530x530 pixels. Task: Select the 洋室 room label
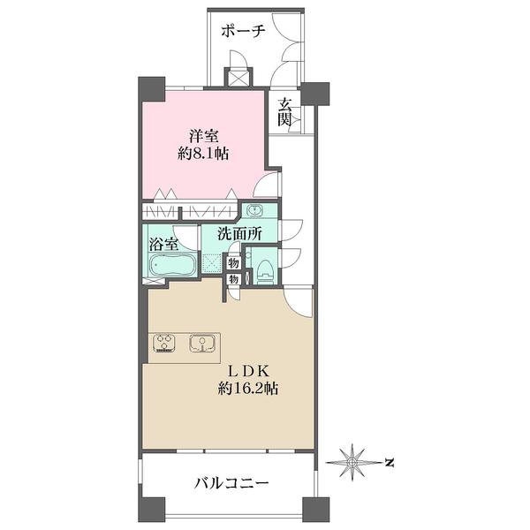click(203, 136)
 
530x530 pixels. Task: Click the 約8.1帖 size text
click(203, 154)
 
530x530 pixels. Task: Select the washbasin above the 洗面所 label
click(255, 211)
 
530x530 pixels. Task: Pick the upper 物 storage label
click(233, 262)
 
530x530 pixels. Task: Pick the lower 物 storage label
click(233, 279)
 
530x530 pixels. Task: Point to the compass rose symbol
click(354, 461)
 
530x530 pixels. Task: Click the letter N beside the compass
click(389, 461)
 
